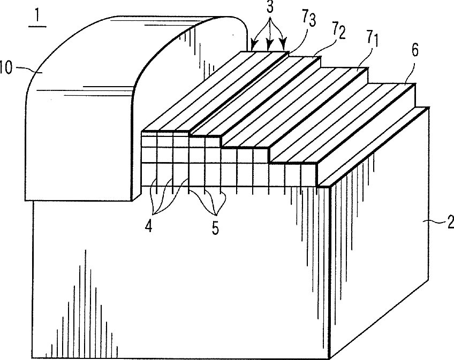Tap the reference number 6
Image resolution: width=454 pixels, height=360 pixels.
click(x=414, y=51)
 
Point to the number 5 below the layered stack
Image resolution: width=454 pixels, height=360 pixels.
click(x=215, y=227)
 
